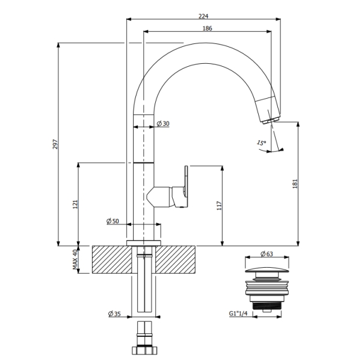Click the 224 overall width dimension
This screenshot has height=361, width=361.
(x=203, y=16)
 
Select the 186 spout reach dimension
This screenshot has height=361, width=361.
(x=207, y=28)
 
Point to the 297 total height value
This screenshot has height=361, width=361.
(x=55, y=144)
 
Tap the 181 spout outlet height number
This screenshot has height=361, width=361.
(x=295, y=184)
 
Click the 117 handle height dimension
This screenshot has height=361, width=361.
(x=219, y=206)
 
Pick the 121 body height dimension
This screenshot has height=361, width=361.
(x=75, y=204)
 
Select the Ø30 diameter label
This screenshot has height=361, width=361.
(x=163, y=123)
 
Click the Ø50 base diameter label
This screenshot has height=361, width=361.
(x=113, y=221)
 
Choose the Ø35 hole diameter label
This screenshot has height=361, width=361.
(x=114, y=313)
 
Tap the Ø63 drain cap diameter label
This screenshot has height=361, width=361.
(x=267, y=254)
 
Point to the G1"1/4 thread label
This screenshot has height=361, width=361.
(x=238, y=313)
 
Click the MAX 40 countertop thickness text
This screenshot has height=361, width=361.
(x=75, y=259)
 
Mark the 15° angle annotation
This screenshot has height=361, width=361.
(x=261, y=143)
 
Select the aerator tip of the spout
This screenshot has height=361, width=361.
(x=271, y=121)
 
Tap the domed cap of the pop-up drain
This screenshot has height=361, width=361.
(x=267, y=270)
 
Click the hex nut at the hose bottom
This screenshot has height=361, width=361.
(x=144, y=350)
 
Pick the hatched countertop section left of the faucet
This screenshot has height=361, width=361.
(x=112, y=260)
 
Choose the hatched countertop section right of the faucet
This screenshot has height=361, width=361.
(x=176, y=260)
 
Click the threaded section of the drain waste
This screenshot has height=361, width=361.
(x=267, y=306)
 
